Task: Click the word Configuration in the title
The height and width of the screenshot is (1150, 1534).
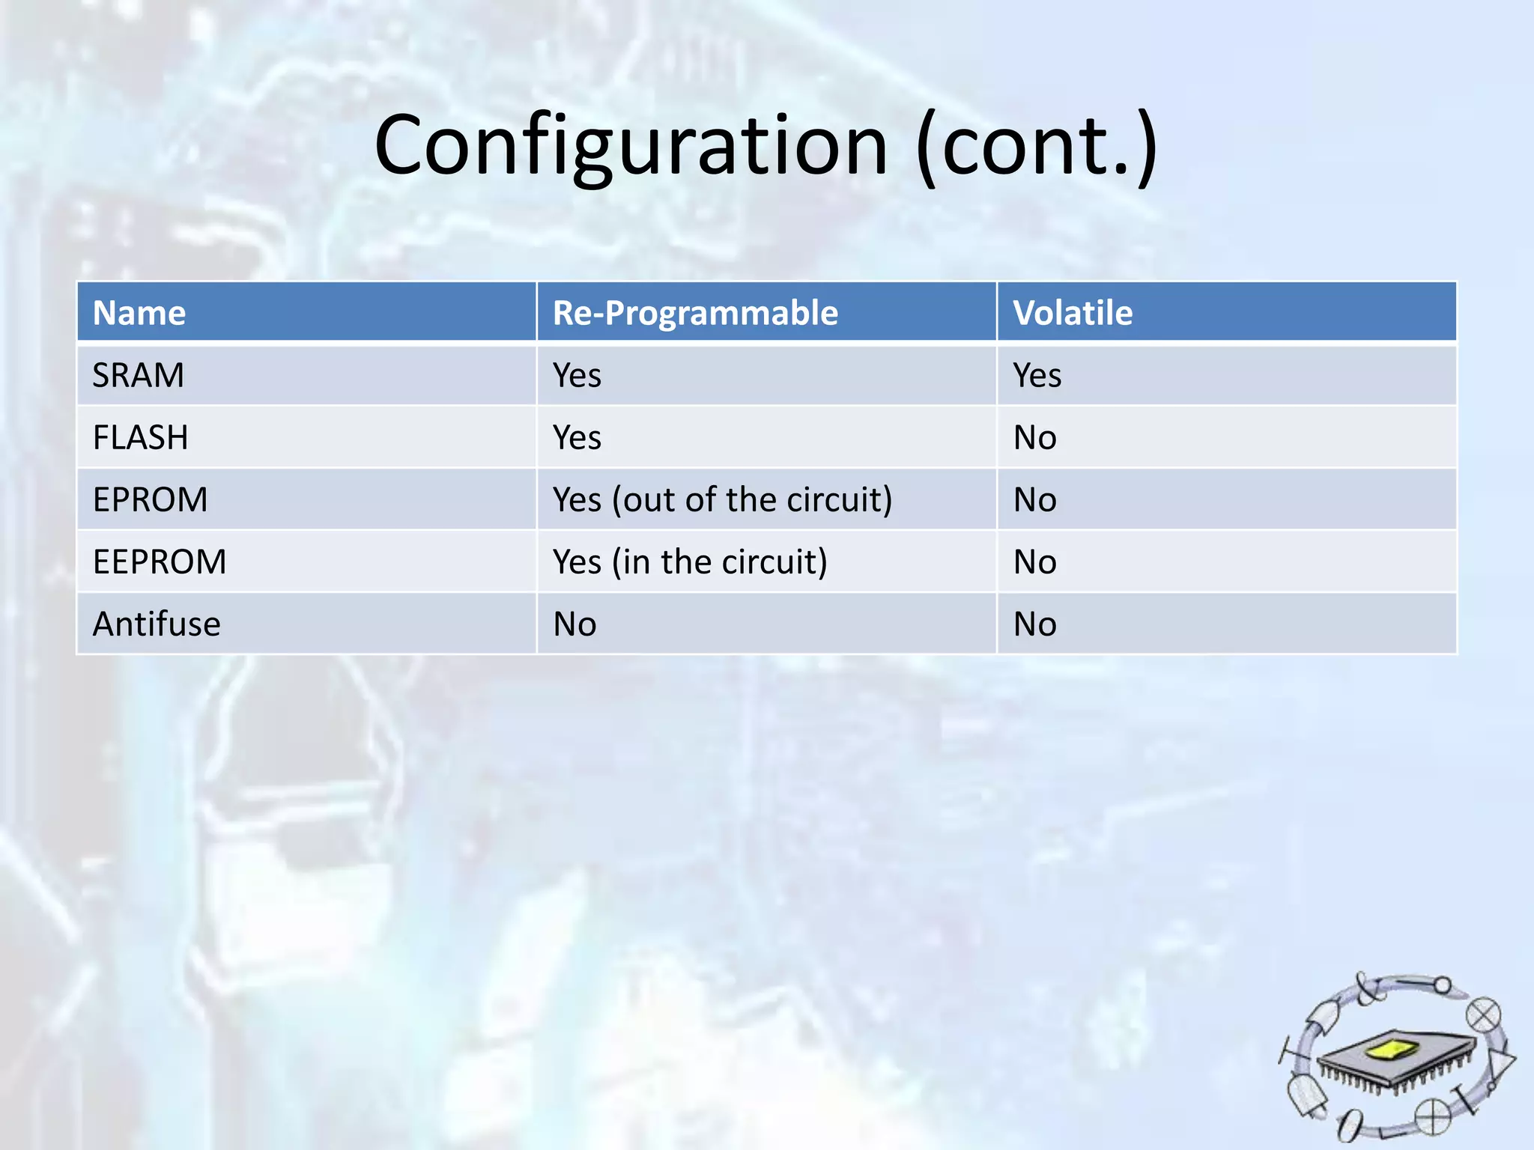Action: click(631, 146)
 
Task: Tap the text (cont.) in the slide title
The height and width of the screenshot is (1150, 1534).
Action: click(1037, 146)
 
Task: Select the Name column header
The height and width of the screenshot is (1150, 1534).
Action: click(139, 313)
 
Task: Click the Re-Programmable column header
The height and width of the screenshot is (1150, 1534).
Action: click(695, 313)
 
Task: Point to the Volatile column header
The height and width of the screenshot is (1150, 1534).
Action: click(1073, 313)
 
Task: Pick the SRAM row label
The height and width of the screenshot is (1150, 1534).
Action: click(139, 375)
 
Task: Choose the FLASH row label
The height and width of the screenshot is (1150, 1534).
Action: click(141, 437)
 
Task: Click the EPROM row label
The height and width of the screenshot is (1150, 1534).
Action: click(151, 499)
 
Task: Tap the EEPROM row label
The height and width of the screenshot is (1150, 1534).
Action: click(160, 562)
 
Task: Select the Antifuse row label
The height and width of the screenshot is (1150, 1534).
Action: click(157, 624)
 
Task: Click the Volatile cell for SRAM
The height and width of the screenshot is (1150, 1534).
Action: click(1037, 375)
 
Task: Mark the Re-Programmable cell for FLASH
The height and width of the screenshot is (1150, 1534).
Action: click(577, 437)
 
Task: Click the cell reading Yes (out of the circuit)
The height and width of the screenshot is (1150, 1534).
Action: click(722, 499)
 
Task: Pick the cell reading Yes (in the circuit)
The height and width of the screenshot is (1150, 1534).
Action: click(690, 562)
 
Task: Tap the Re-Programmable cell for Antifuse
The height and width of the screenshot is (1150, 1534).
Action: click(575, 624)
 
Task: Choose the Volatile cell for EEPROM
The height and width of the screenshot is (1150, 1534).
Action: click(1034, 562)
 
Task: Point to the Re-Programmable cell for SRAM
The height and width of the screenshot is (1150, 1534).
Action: click(577, 375)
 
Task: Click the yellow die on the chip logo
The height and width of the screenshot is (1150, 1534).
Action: click(1392, 1050)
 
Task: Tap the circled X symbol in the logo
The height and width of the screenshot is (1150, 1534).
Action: click(1483, 1016)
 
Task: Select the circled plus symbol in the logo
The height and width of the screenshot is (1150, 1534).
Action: click(1432, 1118)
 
